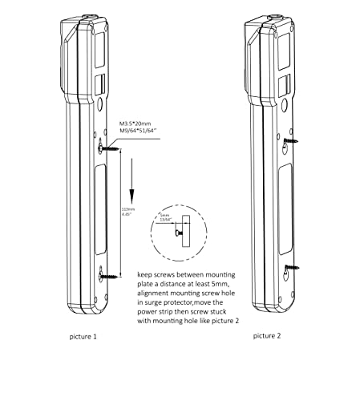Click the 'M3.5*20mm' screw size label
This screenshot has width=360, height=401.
[x=136, y=124]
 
